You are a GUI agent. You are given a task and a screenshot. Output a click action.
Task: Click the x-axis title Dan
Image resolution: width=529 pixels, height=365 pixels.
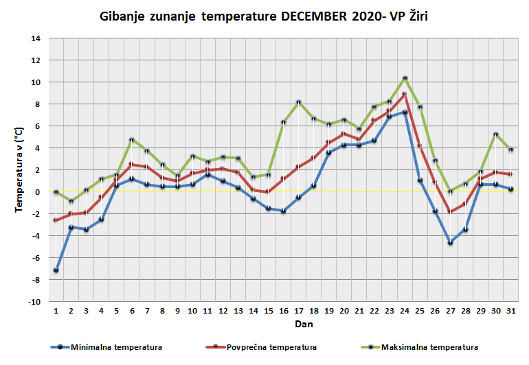[284, 322]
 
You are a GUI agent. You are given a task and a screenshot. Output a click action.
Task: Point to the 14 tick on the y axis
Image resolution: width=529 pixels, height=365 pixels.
[36, 38]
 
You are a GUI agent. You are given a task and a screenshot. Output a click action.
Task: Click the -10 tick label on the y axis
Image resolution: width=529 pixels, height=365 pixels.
[34, 302]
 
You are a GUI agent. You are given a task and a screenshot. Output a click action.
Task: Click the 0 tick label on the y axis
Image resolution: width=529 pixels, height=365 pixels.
[38, 192]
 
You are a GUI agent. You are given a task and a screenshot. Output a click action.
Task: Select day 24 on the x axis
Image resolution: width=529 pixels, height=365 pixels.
[405, 310]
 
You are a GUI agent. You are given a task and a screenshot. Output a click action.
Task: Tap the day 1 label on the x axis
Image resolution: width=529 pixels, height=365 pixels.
[56, 310]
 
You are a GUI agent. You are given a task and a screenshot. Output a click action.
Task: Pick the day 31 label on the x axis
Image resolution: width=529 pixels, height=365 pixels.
[511, 310]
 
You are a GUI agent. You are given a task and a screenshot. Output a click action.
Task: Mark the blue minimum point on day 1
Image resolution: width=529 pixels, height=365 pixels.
[56, 270]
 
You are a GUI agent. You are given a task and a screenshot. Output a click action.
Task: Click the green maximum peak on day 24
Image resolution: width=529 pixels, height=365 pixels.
[405, 78]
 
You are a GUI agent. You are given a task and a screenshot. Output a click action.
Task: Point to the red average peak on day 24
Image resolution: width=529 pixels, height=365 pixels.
[405, 95]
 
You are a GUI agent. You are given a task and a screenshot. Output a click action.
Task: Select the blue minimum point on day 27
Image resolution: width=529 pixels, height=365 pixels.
[451, 243]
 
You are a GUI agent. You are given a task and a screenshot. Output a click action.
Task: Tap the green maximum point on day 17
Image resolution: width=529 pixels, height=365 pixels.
[299, 102]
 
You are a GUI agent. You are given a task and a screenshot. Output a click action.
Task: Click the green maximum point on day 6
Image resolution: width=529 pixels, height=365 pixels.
[131, 140]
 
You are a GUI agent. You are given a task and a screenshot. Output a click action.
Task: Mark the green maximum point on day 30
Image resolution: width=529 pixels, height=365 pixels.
[496, 134]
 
